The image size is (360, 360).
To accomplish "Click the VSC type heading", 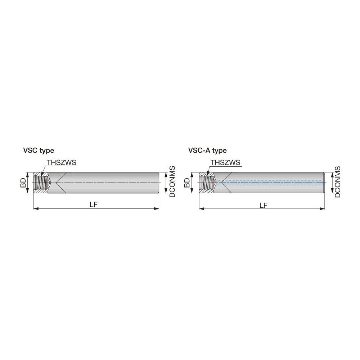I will [x=39, y=150].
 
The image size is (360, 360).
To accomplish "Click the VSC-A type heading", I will [x=207, y=150].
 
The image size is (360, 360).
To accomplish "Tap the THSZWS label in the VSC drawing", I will [x=61, y=163].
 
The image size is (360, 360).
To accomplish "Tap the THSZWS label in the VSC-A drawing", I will [x=225, y=163].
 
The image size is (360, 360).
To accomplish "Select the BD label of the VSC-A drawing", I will [x=187, y=183].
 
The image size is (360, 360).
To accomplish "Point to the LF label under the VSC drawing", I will [x=94, y=205].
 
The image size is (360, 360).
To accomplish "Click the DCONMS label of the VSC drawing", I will [x=172, y=182].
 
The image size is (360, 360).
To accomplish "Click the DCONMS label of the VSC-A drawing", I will [x=338, y=182].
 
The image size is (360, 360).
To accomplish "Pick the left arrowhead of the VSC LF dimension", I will [x=35, y=208].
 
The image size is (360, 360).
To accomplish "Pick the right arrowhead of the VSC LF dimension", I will [x=157, y=208].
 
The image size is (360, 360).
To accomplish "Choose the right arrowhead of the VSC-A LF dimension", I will [x=323, y=208].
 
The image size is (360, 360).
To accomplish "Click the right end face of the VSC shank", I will [x=159, y=183].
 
